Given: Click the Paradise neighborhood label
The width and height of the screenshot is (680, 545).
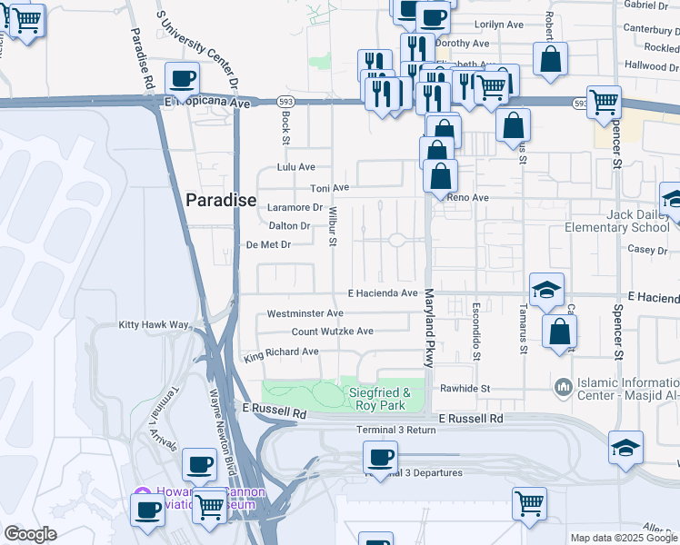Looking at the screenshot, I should point(221,201).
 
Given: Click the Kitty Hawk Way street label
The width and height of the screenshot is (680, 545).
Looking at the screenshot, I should point(153,325).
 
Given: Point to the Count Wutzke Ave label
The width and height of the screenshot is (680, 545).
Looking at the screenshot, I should point(333,332).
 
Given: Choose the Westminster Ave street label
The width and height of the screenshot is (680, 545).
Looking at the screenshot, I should point(305,313).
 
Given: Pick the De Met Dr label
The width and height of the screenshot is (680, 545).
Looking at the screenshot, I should point(268,244).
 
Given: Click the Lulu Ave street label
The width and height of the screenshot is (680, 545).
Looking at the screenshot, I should point(295,167).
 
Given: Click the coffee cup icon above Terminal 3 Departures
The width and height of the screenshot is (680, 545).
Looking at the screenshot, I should point(381,457).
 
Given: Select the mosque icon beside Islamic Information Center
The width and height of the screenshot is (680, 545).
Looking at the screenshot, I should point(565,387).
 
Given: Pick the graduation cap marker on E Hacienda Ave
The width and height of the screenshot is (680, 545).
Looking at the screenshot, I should point(546,289).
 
